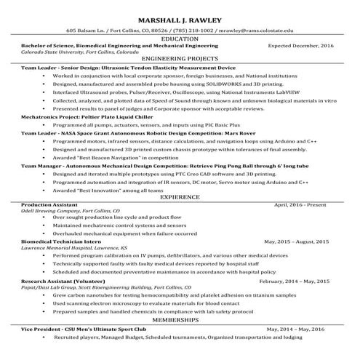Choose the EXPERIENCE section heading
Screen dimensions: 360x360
coord(180,197)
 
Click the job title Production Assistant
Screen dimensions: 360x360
coord(48,205)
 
